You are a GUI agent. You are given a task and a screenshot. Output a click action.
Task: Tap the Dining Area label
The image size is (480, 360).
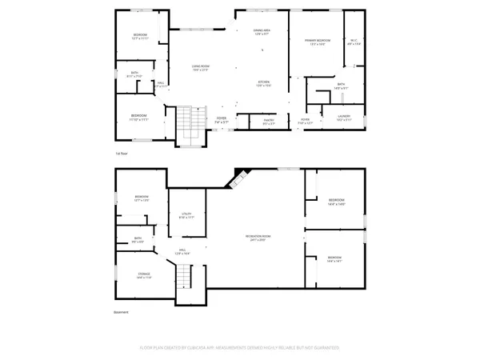point(263,33)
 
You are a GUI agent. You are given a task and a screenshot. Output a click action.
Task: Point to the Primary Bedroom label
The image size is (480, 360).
point(318,41)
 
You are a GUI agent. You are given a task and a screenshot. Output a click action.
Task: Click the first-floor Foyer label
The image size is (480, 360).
point(220,120)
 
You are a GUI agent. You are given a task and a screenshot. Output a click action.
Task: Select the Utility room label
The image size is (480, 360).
point(187,215)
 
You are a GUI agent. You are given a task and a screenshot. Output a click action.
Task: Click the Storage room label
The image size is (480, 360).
point(144,276)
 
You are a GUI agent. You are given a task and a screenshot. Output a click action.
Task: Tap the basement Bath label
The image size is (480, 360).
point(138,239)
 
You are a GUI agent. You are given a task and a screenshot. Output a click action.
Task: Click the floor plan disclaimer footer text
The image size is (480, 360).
point(239,348)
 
